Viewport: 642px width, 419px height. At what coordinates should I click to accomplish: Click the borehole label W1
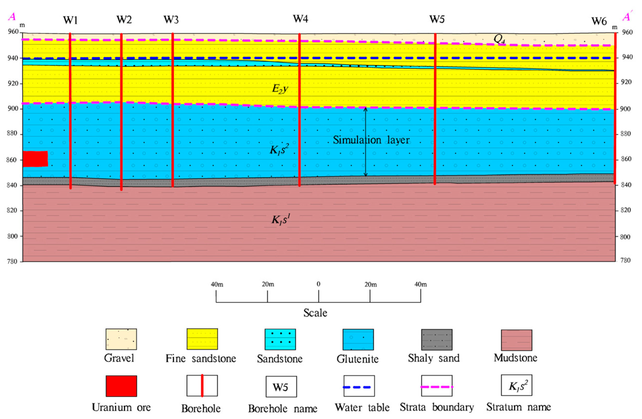point(70,20)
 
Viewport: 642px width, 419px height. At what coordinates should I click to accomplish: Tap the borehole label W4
point(300,19)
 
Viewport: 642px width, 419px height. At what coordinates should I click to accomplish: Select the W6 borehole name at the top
point(599,21)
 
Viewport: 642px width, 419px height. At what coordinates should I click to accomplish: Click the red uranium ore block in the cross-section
point(35,159)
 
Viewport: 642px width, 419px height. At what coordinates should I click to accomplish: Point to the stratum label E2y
point(280,88)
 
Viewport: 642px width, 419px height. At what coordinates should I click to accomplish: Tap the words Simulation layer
point(371,140)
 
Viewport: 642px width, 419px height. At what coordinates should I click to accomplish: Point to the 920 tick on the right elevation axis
point(626,82)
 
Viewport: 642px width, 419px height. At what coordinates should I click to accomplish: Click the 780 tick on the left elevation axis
point(12,261)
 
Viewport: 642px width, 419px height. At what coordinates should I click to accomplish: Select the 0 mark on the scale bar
point(319,284)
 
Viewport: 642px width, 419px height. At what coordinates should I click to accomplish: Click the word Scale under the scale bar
point(315,313)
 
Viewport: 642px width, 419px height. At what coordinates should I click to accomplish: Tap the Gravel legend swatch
point(121,339)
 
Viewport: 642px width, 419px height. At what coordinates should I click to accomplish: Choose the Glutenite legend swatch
point(358,339)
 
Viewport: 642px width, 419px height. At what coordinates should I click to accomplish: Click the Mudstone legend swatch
point(516,340)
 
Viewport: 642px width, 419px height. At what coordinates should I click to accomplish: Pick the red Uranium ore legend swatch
point(121,386)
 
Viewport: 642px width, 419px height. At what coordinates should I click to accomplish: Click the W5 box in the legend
point(281,387)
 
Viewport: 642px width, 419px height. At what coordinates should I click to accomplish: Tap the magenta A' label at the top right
point(627,17)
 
